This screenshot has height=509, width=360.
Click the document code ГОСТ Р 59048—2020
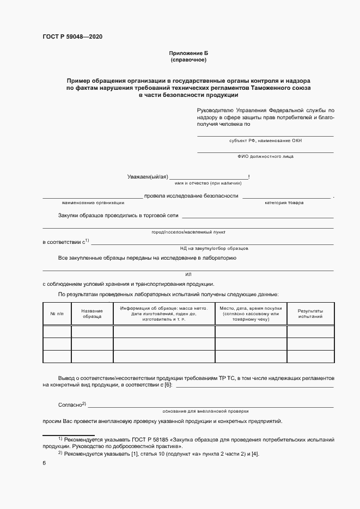click(x=72, y=36)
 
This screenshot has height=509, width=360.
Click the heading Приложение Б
click(x=188, y=53)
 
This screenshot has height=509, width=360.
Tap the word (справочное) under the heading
click(x=188, y=59)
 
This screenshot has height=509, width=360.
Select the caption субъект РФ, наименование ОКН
click(x=265, y=140)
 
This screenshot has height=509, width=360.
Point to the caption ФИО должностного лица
click(x=265, y=156)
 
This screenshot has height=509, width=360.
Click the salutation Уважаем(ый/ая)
click(x=147, y=177)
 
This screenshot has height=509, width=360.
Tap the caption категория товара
click(x=284, y=203)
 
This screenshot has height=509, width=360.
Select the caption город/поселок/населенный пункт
click(x=188, y=232)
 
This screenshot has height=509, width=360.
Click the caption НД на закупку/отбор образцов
click(x=206, y=248)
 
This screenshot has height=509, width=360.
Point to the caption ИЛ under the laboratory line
click(x=188, y=274)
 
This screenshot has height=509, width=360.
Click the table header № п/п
click(x=57, y=314)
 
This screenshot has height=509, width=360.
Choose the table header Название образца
click(x=92, y=314)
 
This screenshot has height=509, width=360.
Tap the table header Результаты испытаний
click(x=310, y=314)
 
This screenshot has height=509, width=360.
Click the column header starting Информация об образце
click(x=164, y=314)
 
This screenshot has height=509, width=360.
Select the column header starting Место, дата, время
click(x=251, y=314)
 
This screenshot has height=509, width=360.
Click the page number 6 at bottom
click(x=44, y=463)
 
